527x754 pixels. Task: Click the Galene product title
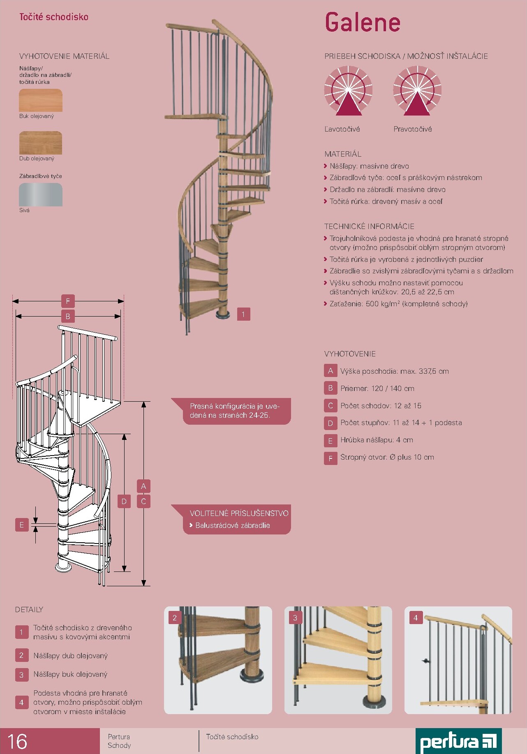coord(363,23)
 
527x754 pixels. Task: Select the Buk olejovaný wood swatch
coord(41,100)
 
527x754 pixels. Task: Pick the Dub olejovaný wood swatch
coord(41,143)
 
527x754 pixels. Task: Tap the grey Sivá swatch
coord(41,194)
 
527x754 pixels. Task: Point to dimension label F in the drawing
coord(68,301)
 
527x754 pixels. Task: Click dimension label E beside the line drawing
coord(22,525)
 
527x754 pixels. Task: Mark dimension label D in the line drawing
coord(124,501)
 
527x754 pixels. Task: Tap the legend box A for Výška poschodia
coord(331,371)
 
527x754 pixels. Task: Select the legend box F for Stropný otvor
coord(331,458)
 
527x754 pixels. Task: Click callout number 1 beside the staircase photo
coord(243,314)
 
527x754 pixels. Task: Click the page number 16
coord(17,741)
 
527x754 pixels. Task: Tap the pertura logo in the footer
coord(458,741)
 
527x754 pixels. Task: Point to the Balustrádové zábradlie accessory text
coord(233,525)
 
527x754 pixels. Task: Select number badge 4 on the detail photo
coord(416,618)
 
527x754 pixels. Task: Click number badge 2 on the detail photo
coord(175,618)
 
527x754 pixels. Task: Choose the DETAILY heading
coord(29,610)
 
